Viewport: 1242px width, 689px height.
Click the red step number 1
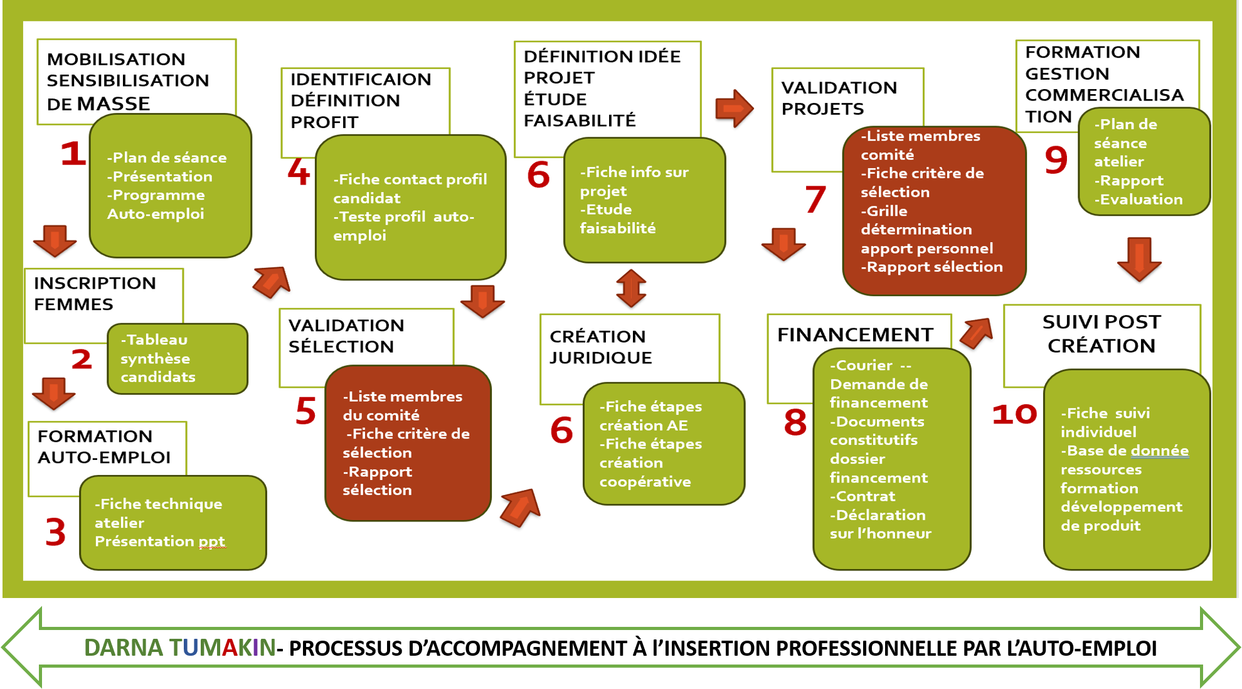tap(73, 153)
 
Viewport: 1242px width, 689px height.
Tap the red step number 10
tap(1014, 414)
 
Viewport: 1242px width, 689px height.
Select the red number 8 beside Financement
tap(795, 422)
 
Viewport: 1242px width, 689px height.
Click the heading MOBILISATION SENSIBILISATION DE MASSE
tap(127, 81)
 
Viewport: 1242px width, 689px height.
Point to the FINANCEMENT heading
tap(855, 335)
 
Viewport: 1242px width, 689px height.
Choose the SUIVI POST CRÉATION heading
tap(1101, 334)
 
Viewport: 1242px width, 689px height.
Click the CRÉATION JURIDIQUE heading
tap(600, 347)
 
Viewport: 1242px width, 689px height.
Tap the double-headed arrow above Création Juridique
tap(631, 289)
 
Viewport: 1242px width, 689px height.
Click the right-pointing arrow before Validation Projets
tap(733, 109)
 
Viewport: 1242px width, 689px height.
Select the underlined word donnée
tap(1160, 451)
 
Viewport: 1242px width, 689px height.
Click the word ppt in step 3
tap(211, 542)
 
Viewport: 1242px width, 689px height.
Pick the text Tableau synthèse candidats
tap(157, 358)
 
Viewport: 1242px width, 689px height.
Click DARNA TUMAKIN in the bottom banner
tap(180, 648)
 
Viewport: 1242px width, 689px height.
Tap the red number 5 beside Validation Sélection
tap(305, 411)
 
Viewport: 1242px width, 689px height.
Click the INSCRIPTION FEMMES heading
tap(95, 294)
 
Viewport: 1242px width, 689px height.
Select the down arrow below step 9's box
tap(1139, 259)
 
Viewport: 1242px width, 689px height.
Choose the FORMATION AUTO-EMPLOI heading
tap(104, 447)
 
